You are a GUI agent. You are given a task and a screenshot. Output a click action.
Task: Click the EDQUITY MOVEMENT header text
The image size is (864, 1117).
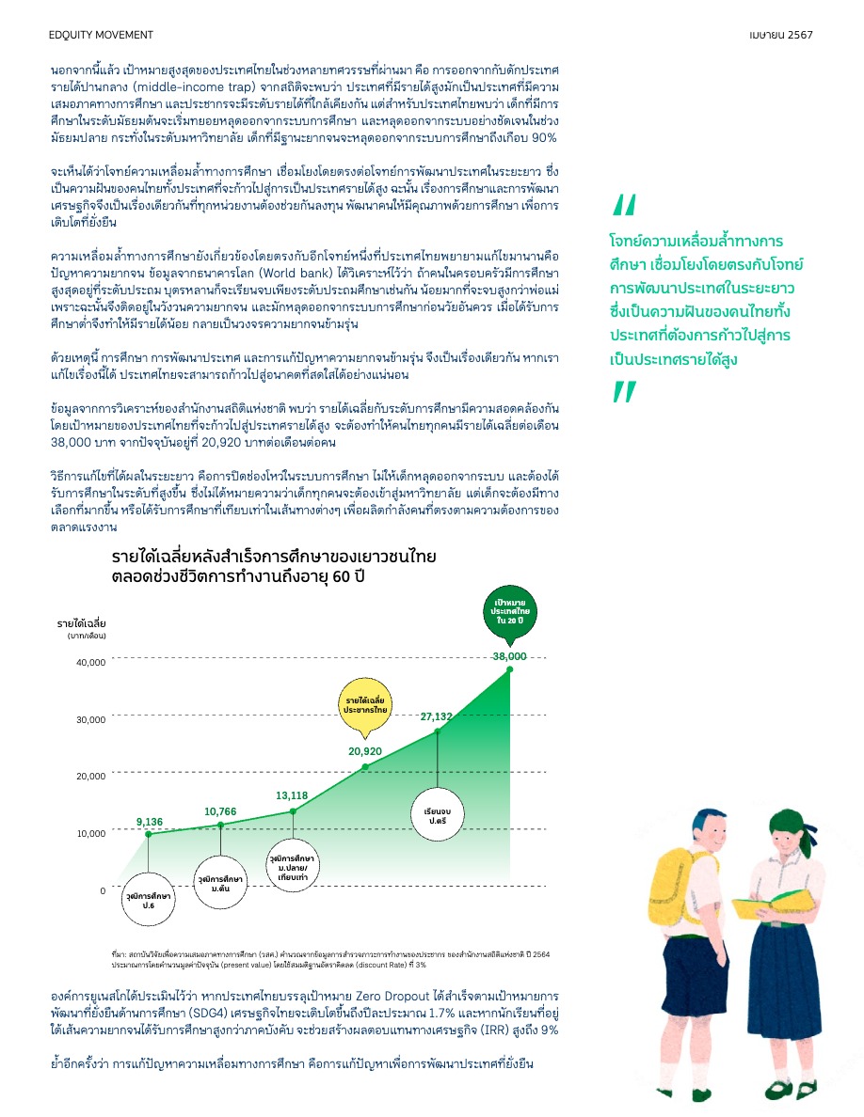tap(100, 35)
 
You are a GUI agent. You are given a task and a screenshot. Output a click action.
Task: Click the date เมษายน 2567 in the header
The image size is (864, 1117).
tap(781, 35)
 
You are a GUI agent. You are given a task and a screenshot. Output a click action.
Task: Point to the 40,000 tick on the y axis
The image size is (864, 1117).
tap(91, 663)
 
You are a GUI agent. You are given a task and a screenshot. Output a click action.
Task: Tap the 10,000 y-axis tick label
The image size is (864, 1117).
tap(91, 834)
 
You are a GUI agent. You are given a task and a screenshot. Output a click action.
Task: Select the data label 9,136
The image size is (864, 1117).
tap(150, 822)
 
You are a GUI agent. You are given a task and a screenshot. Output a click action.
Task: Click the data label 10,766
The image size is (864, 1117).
tap(220, 810)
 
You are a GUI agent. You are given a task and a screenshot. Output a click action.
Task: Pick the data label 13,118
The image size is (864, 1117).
tap(292, 795)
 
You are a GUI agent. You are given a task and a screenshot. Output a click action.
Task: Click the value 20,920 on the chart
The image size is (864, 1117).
tap(365, 751)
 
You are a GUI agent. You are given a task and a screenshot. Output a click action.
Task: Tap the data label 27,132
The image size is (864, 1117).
tap(437, 716)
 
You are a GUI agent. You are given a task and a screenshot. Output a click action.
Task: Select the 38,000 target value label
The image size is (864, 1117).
tap(509, 655)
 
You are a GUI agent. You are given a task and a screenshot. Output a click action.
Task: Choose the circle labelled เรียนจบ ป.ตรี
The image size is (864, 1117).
tap(438, 811)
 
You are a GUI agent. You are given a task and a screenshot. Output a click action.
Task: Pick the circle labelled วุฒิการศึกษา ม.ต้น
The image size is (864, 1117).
tap(220, 882)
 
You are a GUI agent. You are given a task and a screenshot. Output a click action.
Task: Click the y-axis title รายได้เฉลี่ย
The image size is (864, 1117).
tap(81, 623)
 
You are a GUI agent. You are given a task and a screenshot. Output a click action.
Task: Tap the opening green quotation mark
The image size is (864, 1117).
tap(623, 204)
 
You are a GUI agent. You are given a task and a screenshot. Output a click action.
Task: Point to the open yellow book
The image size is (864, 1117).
tap(760, 906)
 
